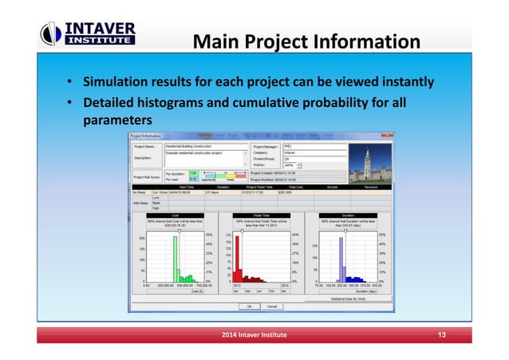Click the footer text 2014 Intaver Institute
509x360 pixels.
click(254, 333)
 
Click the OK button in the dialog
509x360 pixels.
click(249, 306)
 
